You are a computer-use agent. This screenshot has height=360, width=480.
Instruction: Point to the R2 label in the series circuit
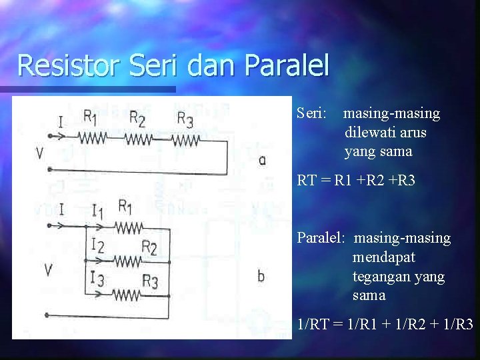(x=137, y=119)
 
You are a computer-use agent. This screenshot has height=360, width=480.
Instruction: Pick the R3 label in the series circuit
(x=185, y=119)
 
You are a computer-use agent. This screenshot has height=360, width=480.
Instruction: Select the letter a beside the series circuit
(x=261, y=160)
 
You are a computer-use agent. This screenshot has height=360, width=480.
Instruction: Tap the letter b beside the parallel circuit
(x=261, y=275)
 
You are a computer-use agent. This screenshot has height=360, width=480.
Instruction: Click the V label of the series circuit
(x=39, y=154)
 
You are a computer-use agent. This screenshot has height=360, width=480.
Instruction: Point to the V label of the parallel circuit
(x=48, y=270)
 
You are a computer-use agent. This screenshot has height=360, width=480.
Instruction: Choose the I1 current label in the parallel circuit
(x=97, y=212)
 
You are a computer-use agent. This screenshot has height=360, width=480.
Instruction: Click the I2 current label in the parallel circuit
(x=97, y=247)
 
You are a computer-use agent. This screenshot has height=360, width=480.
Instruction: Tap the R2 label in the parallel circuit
(x=149, y=249)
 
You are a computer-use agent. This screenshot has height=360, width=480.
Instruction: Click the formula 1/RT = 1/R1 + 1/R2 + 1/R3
(x=385, y=325)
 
